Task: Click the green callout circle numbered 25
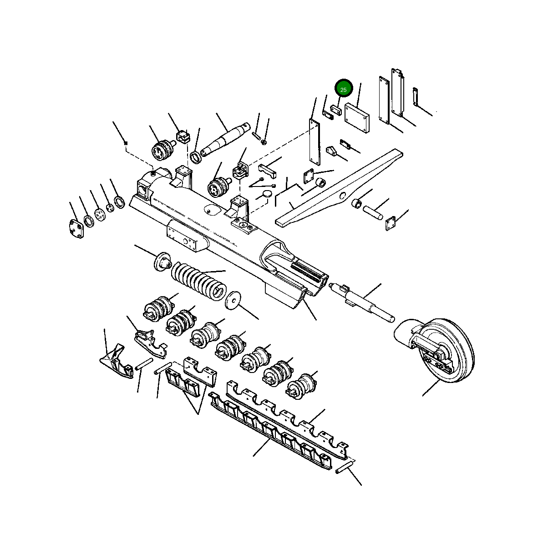343,90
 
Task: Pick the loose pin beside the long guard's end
344,467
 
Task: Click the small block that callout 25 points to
337,110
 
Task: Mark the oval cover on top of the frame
213,210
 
